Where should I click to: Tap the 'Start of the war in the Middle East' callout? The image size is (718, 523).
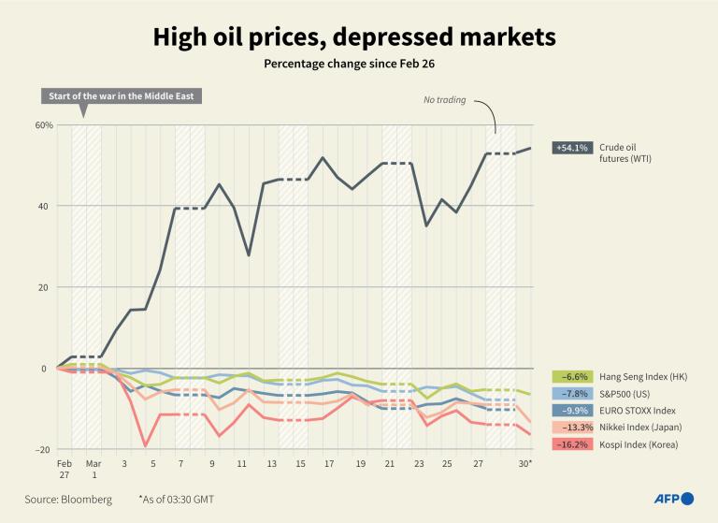[120, 96]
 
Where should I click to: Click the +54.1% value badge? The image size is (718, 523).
[571, 148]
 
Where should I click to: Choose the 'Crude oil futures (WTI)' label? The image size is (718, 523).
[625, 153]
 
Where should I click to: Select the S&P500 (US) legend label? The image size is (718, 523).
[626, 392]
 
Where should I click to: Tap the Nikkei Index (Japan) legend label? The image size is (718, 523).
[639, 427]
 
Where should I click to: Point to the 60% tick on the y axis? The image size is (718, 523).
[43, 125]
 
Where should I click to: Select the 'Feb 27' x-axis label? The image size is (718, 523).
[64, 470]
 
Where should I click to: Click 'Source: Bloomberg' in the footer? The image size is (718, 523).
[68, 500]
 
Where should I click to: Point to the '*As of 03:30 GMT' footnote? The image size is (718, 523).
[176, 500]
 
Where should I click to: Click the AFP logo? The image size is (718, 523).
[672, 499]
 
